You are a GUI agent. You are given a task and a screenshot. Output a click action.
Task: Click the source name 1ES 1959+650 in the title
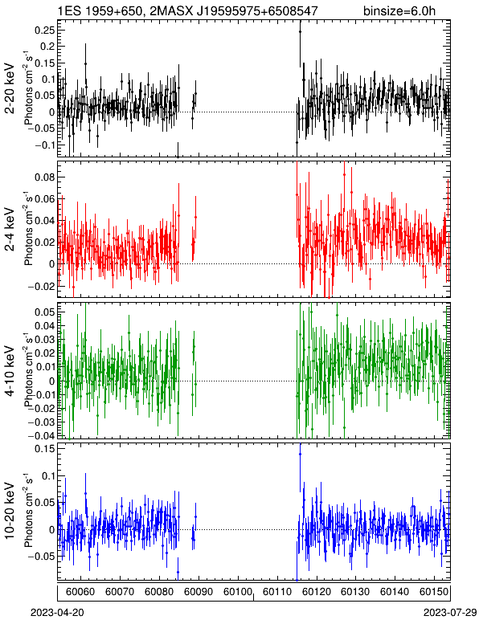tap(100, 10)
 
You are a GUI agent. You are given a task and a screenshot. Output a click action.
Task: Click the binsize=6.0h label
tap(399, 10)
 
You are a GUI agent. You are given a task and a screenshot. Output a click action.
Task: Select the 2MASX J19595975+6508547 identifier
tap(234, 10)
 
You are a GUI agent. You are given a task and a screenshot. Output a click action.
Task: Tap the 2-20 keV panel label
tap(10, 88)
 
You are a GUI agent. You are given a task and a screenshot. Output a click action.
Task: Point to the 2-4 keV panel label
tap(10, 230)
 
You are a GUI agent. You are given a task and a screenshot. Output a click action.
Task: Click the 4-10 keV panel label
tap(10, 371)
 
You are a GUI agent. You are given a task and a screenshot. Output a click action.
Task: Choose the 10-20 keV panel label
tap(10, 511)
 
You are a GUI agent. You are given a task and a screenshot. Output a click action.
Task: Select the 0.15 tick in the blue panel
tap(45, 449)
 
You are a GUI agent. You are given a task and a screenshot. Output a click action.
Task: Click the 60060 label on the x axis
tap(80, 592)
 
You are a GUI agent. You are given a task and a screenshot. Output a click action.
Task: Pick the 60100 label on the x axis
tap(237, 592)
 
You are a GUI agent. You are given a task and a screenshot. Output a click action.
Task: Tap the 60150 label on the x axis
tap(433, 592)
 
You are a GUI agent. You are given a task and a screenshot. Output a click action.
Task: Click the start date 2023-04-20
tap(57, 613)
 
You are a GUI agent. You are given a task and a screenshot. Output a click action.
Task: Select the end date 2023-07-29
tap(450, 613)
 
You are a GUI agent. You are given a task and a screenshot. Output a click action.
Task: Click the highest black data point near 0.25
tap(300, 31)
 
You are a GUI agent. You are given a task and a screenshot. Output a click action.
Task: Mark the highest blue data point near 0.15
tap(301, 454)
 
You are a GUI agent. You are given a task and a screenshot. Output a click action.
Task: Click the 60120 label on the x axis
tap(316, 592)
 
